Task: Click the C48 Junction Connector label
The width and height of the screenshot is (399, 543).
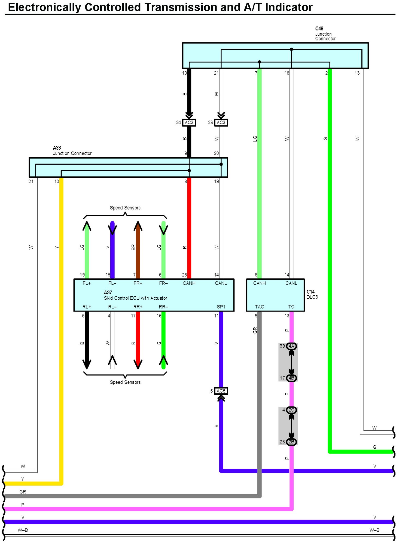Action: point(325,34)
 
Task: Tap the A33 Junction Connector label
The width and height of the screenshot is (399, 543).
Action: point(72,151)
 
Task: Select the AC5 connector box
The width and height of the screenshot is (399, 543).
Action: point(221,391)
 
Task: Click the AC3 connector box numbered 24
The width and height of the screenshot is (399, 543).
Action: point(189,123)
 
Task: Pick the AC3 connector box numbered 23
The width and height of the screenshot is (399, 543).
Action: point(221,123)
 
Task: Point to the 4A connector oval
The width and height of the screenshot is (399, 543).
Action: point(291,346)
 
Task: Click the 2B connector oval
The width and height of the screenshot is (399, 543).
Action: point(291,442)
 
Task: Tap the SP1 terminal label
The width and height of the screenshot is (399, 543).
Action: point(221,307)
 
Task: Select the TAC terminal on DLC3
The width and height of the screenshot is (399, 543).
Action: point(259,307)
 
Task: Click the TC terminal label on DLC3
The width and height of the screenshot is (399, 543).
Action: point(291,307)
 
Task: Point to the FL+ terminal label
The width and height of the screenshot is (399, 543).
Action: point(87,283)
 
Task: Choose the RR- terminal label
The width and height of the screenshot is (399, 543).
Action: point(163,307)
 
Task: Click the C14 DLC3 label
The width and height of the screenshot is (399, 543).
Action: point(312,294)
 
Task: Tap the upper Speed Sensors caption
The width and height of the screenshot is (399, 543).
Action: point(125,208)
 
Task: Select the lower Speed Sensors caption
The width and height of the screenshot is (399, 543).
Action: point(125,382)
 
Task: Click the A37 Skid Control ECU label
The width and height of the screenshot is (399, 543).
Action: point(135,295)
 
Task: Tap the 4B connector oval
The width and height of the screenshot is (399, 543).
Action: point(291,378)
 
